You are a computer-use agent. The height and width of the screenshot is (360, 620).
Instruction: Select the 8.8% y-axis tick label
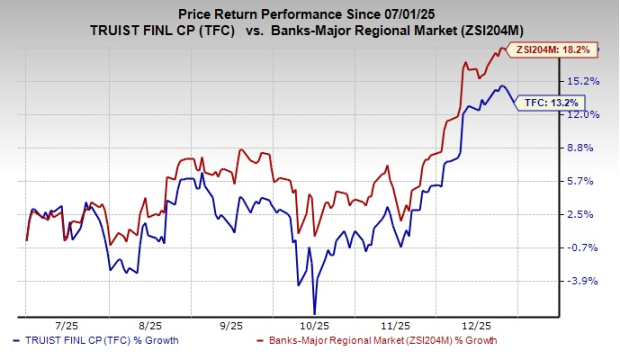(584, 148)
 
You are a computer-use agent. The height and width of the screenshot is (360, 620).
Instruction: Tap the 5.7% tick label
(584, 181)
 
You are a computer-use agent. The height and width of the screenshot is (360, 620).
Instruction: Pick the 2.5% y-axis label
(584, 214)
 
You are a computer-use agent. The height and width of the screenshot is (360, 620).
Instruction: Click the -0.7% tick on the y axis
(584, 247)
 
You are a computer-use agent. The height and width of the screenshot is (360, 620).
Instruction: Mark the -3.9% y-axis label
(584, 281)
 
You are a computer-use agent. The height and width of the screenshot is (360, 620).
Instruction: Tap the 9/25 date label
(231, 326)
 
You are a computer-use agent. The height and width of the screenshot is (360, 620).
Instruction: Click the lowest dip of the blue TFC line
(315, 313)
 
